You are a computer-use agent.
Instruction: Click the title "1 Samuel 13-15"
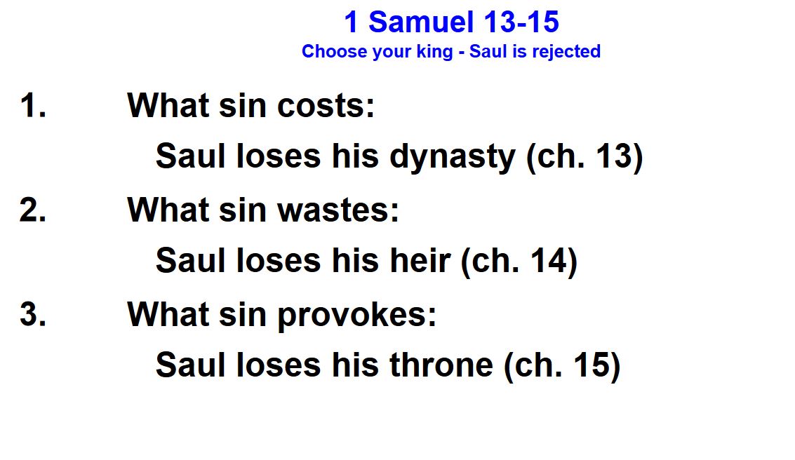451,22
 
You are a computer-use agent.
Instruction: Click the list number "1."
34,105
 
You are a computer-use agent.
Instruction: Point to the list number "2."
34,210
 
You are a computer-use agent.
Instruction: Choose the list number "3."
34,314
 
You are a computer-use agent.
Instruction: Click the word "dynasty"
453,157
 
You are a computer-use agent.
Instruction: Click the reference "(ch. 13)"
584,157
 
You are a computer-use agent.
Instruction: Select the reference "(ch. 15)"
562,366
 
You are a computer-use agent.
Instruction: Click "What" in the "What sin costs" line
167,105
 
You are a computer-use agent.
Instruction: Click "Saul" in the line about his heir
190,260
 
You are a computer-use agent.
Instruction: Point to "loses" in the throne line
279,365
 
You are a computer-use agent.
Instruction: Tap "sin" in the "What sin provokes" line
242,314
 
